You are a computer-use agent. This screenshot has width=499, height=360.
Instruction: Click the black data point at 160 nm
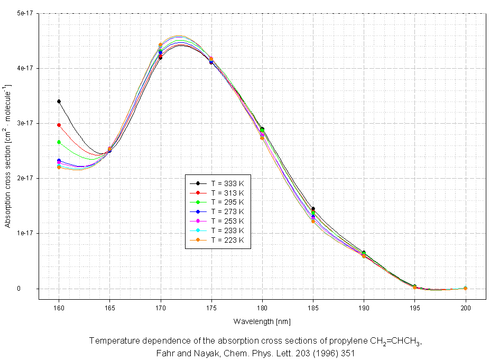click(x=59, y=101)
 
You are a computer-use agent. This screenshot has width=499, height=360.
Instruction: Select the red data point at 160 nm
click(x=59, y=125)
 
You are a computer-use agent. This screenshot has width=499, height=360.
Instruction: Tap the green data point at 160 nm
click(x=59, y=142)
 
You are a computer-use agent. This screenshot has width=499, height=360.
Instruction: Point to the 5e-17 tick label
click(x=25, y=14)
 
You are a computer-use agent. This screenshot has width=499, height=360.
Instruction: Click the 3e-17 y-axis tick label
click(x=25, y=123)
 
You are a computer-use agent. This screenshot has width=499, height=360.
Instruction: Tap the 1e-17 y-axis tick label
click(x=25, y=233)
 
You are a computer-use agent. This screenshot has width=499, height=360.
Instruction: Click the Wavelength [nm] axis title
click(x=262, y=321)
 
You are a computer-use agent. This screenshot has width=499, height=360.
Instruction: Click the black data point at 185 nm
click(x=313, y=209)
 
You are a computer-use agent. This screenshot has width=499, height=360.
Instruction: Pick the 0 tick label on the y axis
click(x=32, y=289)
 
